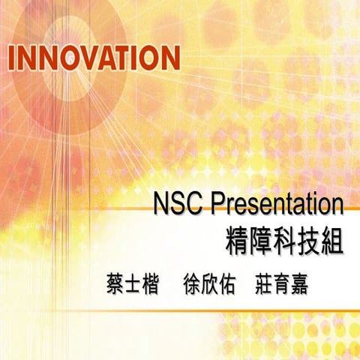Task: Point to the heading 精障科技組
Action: (283, 241)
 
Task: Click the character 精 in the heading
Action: (238, 241)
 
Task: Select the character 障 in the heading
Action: (261, 241)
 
